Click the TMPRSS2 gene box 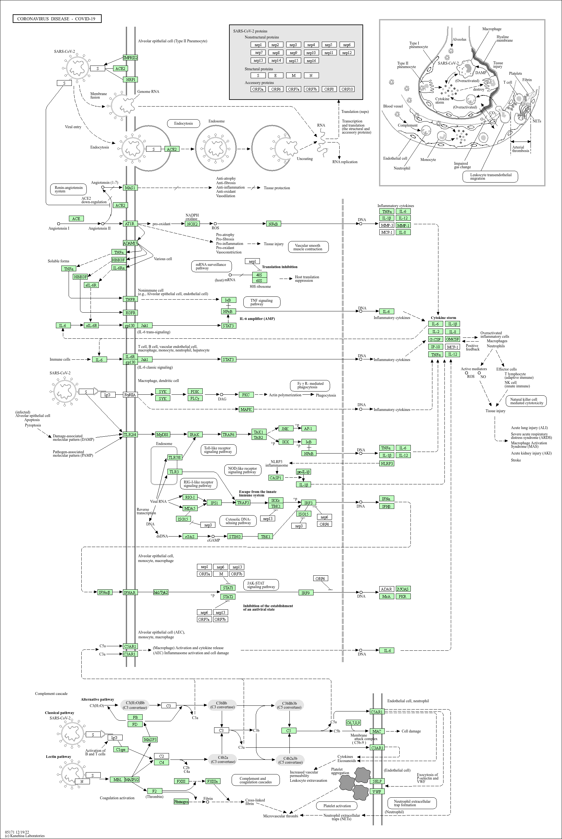(130, 58)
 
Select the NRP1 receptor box (130, 80)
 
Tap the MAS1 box (130, 188)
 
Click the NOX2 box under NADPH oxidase (192, 224)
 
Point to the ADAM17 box (130, 243)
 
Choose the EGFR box (130, 313)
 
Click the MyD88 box (162, 434)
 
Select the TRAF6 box (228, 434)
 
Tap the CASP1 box (276, 478)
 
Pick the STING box (235, 536)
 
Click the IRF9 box (305, 593)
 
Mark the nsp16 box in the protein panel (311, 61)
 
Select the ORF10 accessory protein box (347, 89)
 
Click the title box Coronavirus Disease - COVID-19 (57, 19)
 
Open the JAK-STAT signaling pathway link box (261, 585)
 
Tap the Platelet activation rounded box (337, 806)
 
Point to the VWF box (377, 791)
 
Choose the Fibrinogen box (181, 802)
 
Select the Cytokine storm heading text (444, 318)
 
